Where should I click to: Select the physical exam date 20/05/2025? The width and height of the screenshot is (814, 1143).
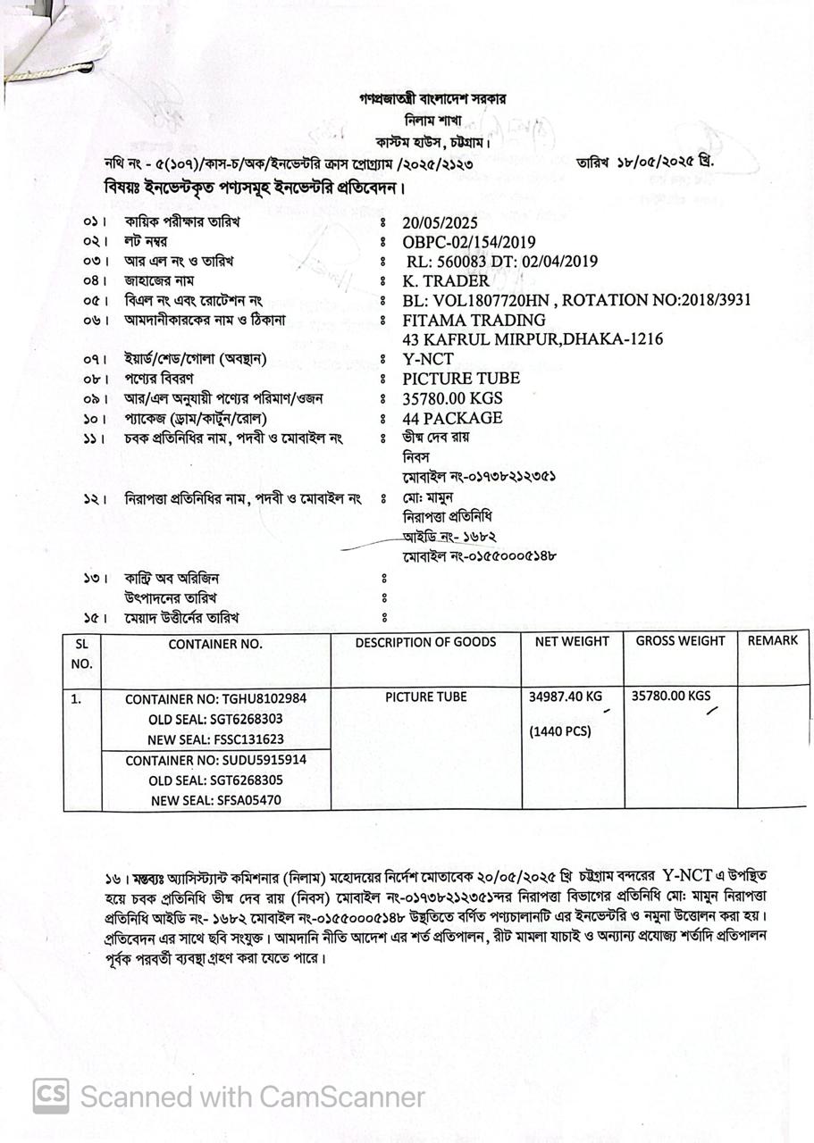(441, 223)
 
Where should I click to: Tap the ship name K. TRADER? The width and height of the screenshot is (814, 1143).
(446, 280)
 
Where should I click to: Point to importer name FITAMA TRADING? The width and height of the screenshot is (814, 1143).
(474, 320)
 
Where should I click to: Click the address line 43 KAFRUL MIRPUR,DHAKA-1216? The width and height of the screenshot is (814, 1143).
(533, 339)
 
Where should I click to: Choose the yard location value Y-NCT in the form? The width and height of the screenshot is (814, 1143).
(428, 359)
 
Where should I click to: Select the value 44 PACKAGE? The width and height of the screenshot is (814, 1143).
(452, 418)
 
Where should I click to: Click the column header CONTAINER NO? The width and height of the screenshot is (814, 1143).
(215, 643)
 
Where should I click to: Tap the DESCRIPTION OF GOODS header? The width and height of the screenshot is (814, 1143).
(425, 642)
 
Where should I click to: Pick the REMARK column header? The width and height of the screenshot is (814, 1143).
(773, 640)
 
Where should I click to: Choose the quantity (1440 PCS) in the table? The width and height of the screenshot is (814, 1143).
(560, 731)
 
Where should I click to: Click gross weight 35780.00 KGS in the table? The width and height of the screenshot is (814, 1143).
(671, 695)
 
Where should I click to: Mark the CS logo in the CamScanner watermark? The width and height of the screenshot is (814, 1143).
(51, 1096)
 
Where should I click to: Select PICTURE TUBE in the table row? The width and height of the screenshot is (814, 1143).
(425, 697)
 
